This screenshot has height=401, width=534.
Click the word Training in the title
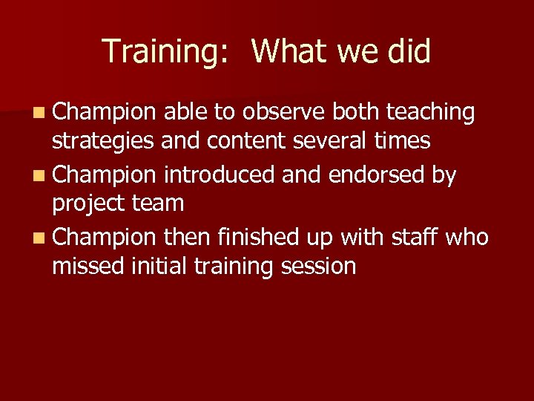pos(158,52)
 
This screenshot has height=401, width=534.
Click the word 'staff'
pos(412,237)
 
